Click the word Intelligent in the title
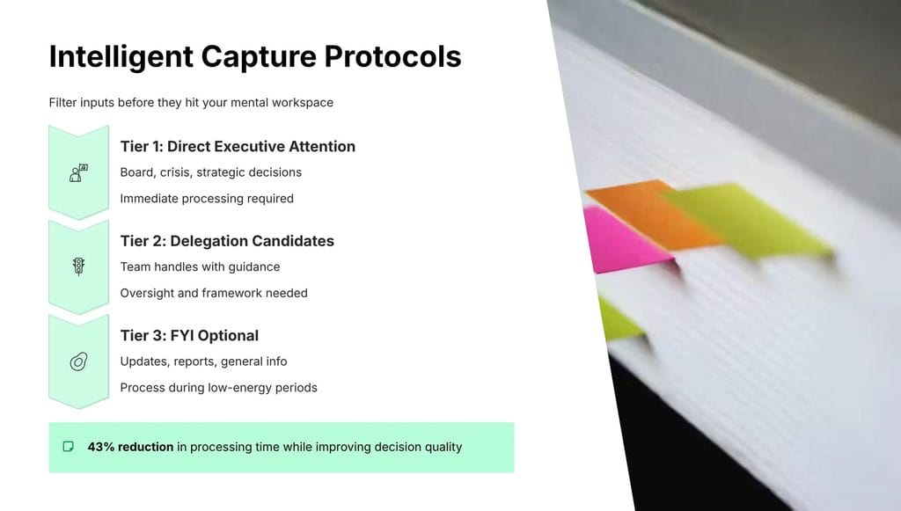120,56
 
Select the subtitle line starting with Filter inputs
191,103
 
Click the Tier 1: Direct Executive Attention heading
238,146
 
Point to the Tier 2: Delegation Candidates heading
227,241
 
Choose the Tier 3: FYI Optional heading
189,335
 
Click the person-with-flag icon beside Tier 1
78,172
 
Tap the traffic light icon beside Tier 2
78,266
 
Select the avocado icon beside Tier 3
78,361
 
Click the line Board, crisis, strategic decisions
211,172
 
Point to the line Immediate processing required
207,199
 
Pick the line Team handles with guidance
200,266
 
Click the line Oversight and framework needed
214,293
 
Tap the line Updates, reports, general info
203,361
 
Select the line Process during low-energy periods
218,388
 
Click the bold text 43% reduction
130,447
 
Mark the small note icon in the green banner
69,447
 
